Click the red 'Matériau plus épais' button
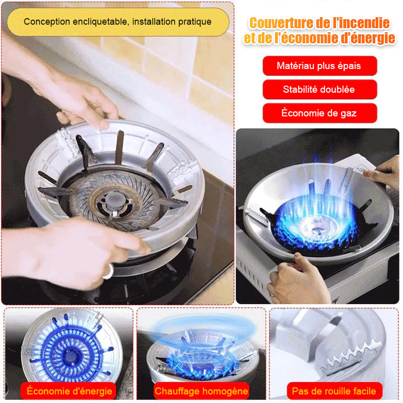(319, 66)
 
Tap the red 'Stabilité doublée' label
(319, 90)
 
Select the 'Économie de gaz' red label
(319, 113)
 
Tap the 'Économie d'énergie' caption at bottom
(69, 391)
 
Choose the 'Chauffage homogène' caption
(201, 391)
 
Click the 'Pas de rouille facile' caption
(334, 391)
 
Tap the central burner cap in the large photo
(115, 199)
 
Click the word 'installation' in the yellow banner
(154, 22)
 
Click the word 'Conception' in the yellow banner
(47, 22)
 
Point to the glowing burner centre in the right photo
(317, 228)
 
